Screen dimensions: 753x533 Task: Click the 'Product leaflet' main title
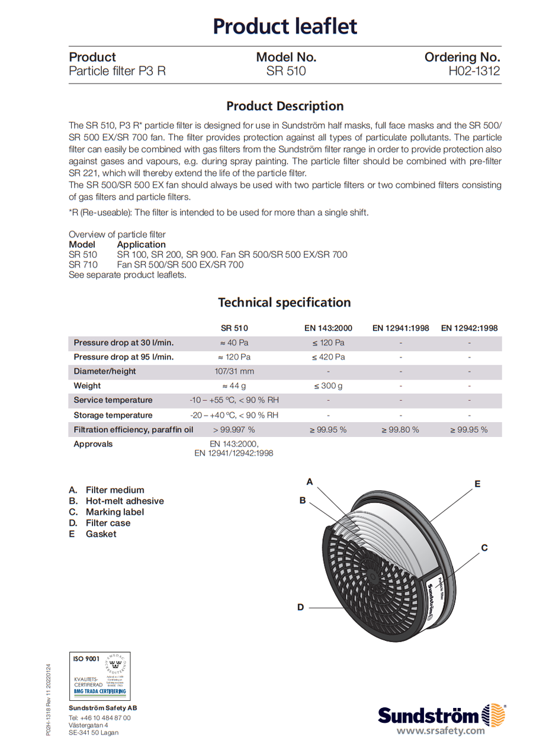pos(284,27)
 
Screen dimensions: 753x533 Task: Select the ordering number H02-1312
pos(474,72)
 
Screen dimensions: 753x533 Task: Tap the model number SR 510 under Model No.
pos(286,72)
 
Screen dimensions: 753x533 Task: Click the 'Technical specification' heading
pos(284,302)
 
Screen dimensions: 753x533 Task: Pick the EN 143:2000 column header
pos(328,328)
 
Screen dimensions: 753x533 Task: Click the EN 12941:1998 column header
pos(400,328)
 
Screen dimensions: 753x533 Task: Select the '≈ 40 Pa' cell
pos(235,343)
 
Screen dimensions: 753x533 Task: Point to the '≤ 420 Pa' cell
pos(328,357)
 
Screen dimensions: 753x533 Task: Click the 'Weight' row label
pos(87,385)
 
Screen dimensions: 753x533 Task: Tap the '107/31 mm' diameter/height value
pos(235,371)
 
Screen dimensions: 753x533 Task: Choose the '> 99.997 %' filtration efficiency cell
pos(234,429)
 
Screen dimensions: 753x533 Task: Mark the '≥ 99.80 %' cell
pos(400,429)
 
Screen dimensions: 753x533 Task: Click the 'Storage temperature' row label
pos(113,415)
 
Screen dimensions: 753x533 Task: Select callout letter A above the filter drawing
pos(309,481)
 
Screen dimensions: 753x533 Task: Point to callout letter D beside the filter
pos(300,607)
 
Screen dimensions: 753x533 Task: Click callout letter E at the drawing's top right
pos(477,484)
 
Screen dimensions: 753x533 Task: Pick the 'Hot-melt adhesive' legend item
pos(124,501)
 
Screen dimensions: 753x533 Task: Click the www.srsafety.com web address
pos(441,730)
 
